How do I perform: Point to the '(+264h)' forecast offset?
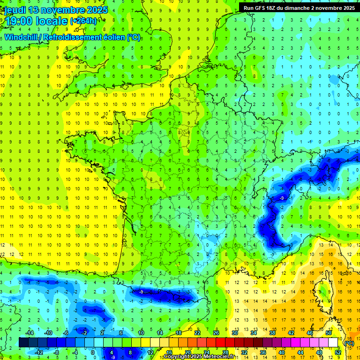(x=83, y=21)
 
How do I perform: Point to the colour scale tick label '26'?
(x=216, y=333)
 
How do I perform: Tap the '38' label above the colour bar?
(x=272, y=333)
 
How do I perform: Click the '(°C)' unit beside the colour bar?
(x=349, y=343)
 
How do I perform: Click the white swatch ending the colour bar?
(x=333, y=343)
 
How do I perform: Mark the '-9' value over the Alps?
(x=282, y=199)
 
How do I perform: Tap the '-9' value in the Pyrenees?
(x=141, y=292)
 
